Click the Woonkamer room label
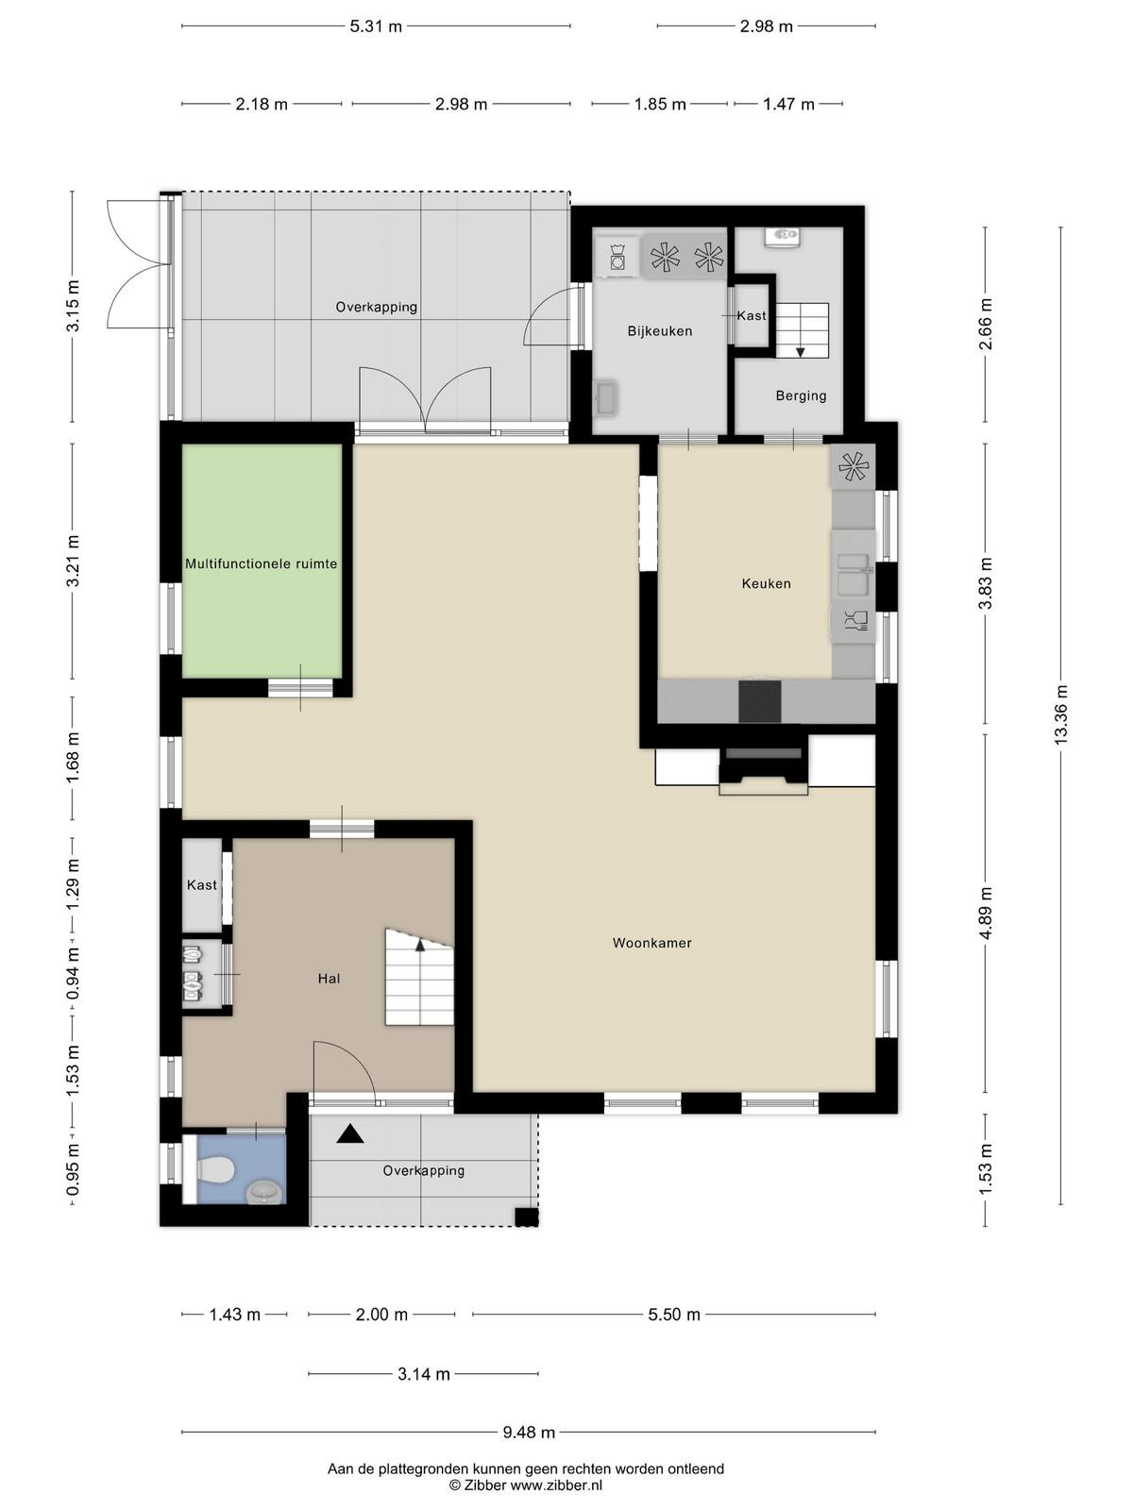tap(652, 943)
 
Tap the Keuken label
tap(767, 583)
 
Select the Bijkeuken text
tap(660, 331)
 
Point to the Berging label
tap(801, 395)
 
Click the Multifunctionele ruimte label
tap(262, 564)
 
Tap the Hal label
tap(329, 979)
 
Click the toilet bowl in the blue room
tap(215, 1167)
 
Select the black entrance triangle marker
tap(349, 1133)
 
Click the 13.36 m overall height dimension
tap(1060, 714)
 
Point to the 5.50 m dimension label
tap(673, 1315)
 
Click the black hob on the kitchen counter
tap(760, 701)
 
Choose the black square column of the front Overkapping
tap(527, 1216)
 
